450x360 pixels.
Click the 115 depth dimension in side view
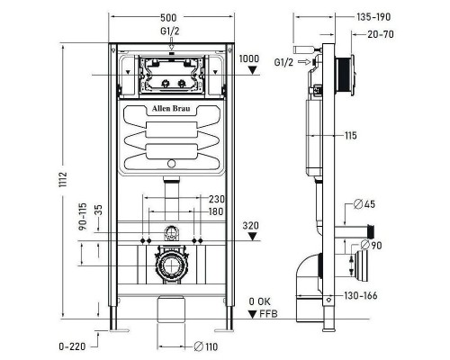pyautogui.click(x=350, y=135)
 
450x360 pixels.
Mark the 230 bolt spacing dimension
pyautogui.click(x=217, y=200)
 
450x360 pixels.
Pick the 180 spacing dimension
pyautogui.click(x=216, y=211)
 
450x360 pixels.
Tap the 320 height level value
pyautogui.click(x=253, y=227)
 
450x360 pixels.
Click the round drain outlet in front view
pyautogui.click(x=171, y=268)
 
